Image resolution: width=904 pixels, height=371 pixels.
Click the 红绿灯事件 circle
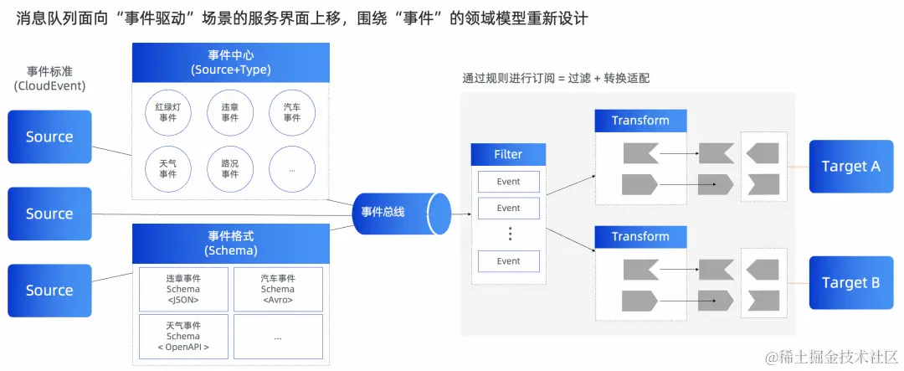pyautogui.click(x=167, y=113)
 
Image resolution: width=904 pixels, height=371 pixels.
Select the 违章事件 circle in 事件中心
pyautogui.click(x=229, y=113)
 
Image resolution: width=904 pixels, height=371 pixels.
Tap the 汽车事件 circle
pyautogui.click(x=291, y=113)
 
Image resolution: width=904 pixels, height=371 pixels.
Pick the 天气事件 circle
pyautogui.click(x=167, y=168)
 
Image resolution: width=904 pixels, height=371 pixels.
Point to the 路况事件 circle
pyautogui.click(x=229, y=168)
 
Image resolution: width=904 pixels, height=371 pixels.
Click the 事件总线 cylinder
pyautogui.click(x=393, y=213)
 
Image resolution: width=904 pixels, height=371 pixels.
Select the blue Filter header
pyautogui.click(x=508, y=154)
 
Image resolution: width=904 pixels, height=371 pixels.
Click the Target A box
pyautogui.click(x=850, y=167)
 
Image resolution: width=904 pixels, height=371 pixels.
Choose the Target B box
pyautogui.click(x=850, y=283)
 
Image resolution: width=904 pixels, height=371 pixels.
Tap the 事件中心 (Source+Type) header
pyautogui.click(x=230, y=61)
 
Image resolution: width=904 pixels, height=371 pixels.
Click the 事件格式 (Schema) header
pyautogui.click(x=230, y=244)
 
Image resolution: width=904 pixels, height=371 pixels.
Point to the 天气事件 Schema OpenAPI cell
pyautogui.click(x=183, y=336)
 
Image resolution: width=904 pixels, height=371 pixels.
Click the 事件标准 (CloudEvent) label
pyautogui.click(x=49, y=79)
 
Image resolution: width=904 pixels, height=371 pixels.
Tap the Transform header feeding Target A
pyautogui.click(x=640, y=121)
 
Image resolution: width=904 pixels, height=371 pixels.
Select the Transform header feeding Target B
pyautogui.click(x=640, y=237)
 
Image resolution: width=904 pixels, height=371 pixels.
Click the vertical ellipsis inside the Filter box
pyautogui.click(x=509, y=234)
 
